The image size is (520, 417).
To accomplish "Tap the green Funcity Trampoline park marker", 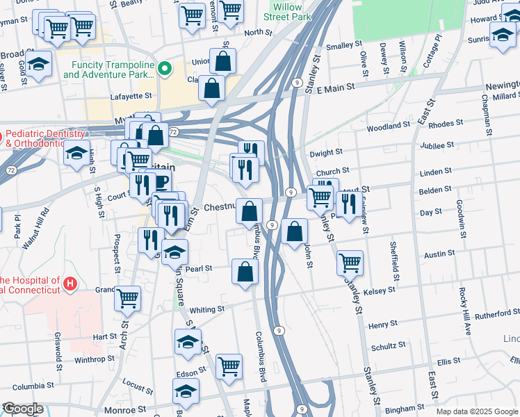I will pyautogui.click(x=165, y=68).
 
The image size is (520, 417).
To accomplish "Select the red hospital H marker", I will pyautogui.click(x=69, y=284).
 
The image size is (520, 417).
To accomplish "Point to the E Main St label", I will pyautogui.click(x=336, y=88).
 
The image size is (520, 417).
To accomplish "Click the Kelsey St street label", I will pyautogui.click(x=379, y=289).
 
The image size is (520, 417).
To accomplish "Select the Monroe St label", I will pyautogui.click(x=131, y=411).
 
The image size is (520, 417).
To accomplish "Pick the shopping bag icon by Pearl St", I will pyautogui.click(x=245, y=272).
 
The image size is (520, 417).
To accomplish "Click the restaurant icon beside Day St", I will pyautogui.click(x=348, y=203).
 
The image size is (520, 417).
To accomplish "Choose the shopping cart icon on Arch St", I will pyautogui.click(x=127, y=298).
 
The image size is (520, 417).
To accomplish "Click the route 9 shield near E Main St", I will pyautogui.click(x=297, y=82).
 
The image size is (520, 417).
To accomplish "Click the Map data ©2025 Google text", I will pyautogui.click(x=477, y=411).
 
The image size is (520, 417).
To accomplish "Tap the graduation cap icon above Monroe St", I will pyautogui.click(x=186, y=391).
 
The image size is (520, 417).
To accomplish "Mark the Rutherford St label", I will pyautogui.click(x=497, y=314).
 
